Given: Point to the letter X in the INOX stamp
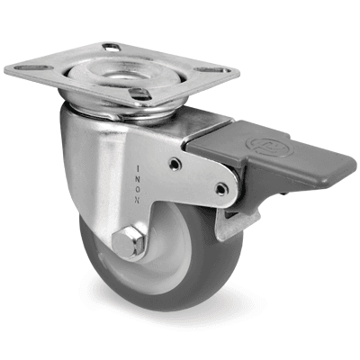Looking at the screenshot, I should (137, 167).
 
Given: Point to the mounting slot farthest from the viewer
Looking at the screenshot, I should (112, 46).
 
